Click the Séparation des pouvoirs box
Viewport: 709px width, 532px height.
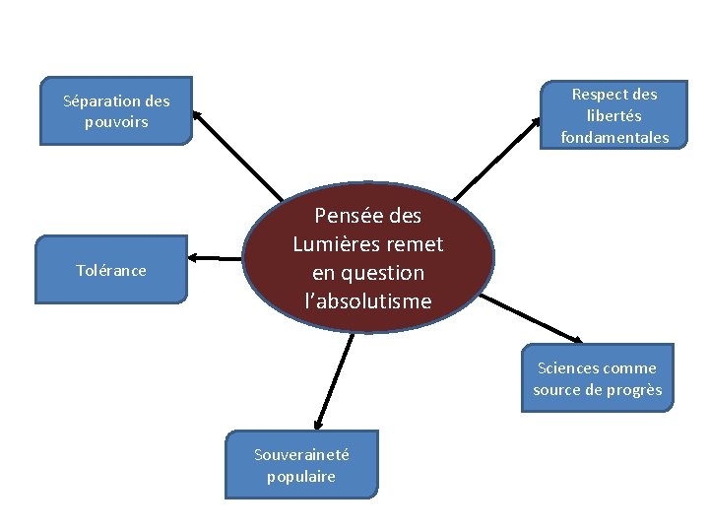(115, 111)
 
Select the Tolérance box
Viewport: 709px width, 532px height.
(111, 269)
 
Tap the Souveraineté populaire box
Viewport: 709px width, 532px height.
(301, 464)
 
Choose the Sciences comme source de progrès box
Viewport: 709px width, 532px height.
(597, 378)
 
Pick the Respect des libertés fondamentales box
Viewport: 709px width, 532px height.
(614, 115)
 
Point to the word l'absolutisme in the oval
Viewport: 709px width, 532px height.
(368, 300)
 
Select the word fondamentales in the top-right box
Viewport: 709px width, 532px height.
(614, 137)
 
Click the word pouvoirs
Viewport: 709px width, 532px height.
(116, 122)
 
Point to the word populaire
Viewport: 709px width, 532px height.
(301, 476)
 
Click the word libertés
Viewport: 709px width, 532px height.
(614, 115)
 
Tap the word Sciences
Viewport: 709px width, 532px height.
(569, 367)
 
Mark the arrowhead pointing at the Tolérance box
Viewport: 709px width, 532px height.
(193, 257)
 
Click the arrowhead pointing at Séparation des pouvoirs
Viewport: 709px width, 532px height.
(196, 113)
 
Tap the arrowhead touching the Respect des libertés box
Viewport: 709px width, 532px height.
(536, 121)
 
